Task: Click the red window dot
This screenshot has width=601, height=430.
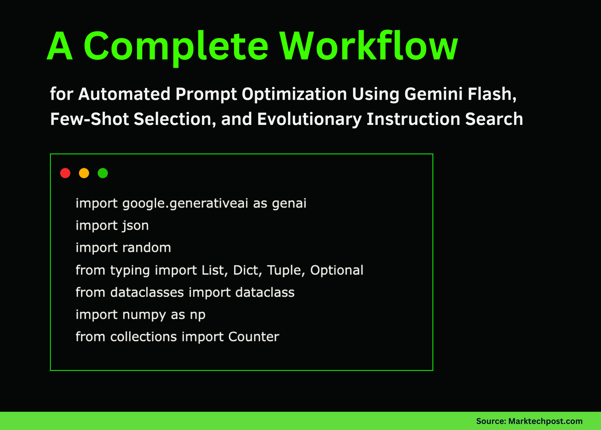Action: coord(65,173)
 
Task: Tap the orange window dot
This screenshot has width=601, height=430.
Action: coord(84,173)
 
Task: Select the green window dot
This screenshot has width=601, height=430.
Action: coord(103,173)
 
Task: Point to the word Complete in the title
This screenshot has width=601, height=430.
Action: coord(176,47)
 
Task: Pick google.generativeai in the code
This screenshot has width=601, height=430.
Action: coord(185,204)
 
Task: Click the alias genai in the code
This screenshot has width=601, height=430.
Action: coord(289,204)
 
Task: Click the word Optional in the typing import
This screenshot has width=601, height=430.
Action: coord(337,270)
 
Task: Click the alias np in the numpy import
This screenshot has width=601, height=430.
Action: coord(197,315)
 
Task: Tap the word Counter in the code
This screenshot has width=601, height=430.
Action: coord(254,337)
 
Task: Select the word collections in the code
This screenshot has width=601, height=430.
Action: coord(143,337)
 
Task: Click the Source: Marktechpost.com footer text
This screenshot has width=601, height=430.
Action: coord(529,421)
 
